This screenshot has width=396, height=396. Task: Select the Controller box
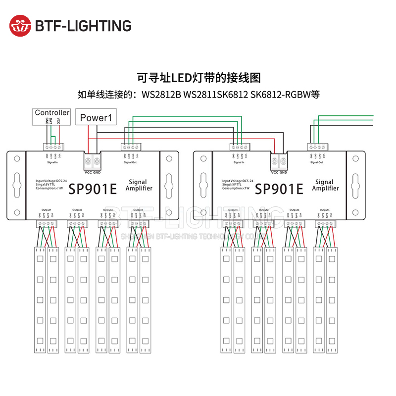pyautogui.click(x=52, y=113)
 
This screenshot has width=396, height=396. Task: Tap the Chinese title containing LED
pyautogui.click(x=198, y=78)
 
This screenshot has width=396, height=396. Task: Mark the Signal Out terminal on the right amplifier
pyautogui.click(x=317, y=147)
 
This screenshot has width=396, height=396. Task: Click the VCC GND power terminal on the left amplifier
pyautogui.click(x=92, y=161)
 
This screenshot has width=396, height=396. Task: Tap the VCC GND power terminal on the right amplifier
pyautogui.click(x=279, y=161)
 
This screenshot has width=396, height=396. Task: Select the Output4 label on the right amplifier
pyautogui.click(x=326, y=210)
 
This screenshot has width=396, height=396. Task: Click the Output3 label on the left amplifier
pyautogui.click(x=108, y=210)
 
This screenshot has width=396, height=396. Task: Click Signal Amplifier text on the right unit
pyautogui.click(x=326, y=185)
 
